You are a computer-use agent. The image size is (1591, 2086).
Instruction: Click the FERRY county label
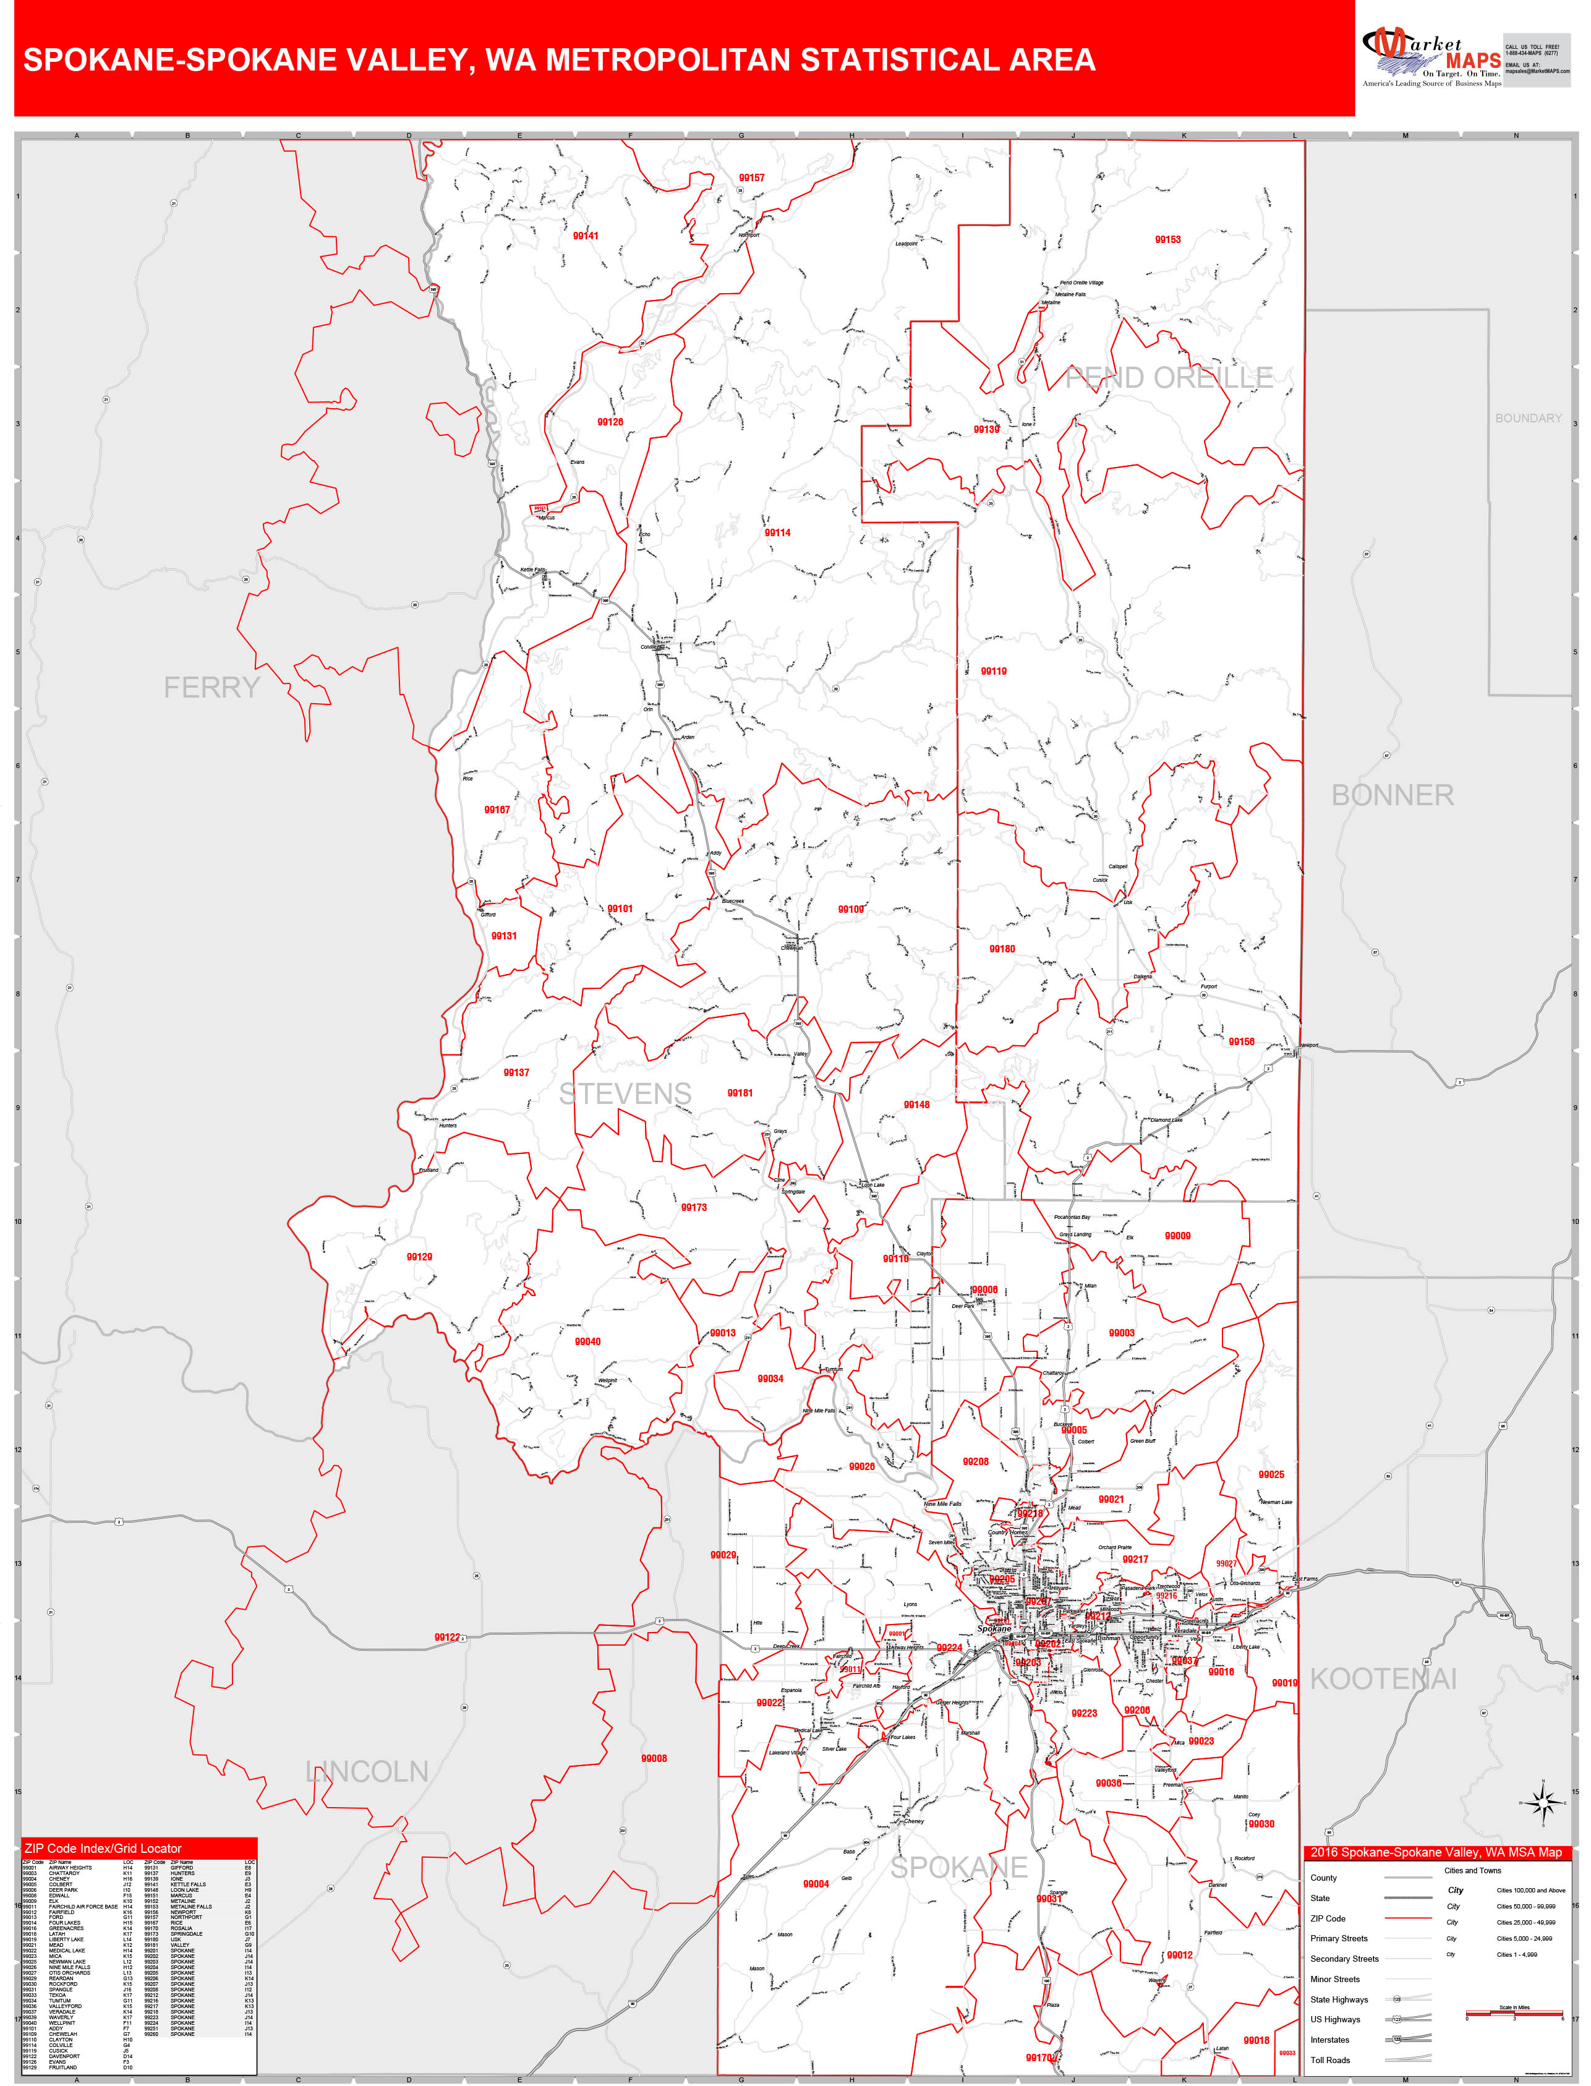point(211,688)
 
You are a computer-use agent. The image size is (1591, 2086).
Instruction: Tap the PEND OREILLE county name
point(1169,378)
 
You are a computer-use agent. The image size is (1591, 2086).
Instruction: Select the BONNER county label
point(1392,795)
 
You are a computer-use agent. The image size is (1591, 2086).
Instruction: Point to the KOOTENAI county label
point(1383,1680)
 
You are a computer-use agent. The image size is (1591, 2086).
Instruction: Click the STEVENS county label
point(625,1093)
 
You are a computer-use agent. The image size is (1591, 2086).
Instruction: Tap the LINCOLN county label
point(367,1772)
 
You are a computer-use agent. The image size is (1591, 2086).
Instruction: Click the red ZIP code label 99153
point(1167,239)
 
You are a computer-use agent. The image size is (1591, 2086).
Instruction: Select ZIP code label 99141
point(585,236)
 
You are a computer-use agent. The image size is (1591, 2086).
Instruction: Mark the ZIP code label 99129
point(419,1257)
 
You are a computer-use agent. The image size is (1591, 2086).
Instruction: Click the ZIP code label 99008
point(654,1758)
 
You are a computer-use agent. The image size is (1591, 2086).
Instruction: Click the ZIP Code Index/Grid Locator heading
point(102,1849)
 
